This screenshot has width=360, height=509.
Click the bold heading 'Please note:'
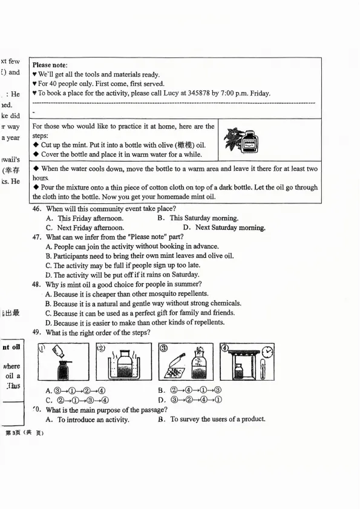pos(50,65)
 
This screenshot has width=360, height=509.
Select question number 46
pos(36,209)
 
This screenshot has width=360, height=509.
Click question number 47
pos(36,237)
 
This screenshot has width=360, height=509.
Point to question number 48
pos(36,284)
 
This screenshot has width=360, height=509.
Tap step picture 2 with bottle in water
pos(122,363)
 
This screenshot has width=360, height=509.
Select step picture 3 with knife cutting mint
pos(184,363)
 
